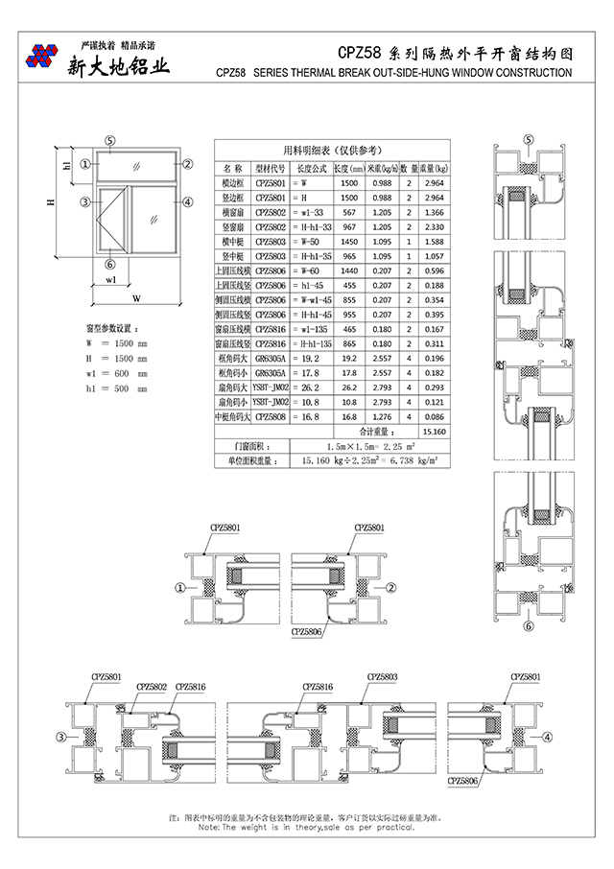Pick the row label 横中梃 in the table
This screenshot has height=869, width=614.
pos(233,242)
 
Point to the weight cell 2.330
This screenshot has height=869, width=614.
pos(434,226)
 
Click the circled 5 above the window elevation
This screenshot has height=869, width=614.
pos(111,140)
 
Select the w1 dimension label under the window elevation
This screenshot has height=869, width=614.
pos(112,281)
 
